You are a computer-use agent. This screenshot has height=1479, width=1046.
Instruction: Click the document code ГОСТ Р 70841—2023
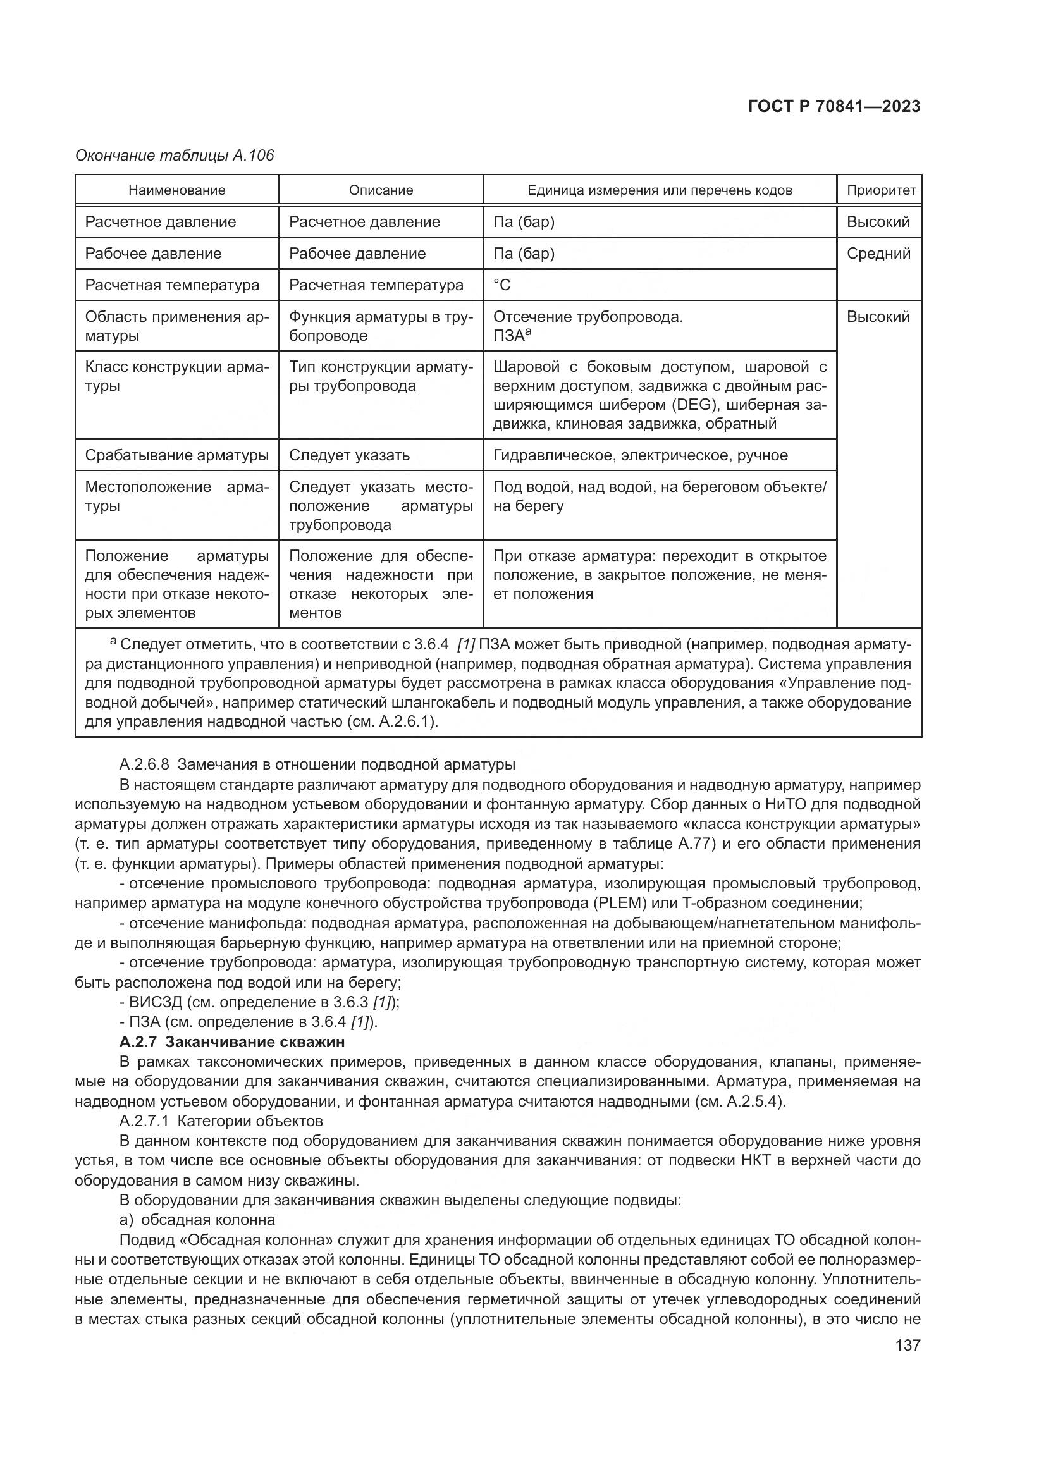click(x=834, y=107)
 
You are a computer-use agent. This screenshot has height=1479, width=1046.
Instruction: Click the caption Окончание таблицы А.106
click(x=175, y=156)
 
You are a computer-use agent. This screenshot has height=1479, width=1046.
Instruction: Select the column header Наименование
click(x=176, y=190)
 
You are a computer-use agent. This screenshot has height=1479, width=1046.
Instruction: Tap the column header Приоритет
click(x=880, y=190)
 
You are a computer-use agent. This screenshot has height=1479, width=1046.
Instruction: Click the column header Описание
click(x=381, y=190)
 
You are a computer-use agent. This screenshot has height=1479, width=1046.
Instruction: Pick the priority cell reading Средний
click(x=878, y=253)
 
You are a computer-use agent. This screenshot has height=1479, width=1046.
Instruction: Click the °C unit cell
click(x=501, y=285)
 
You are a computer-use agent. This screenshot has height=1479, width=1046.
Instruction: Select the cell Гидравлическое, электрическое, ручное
click(x=640, y=455)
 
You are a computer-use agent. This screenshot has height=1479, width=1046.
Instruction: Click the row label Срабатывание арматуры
click(x=176, y=455)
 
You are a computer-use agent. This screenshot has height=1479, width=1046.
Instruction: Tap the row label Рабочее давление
click(x=153, y=253)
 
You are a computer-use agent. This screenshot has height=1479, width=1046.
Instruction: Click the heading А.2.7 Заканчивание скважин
click(x=232, y=1041)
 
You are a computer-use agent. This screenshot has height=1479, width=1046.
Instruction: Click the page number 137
click(x=908, y=1345)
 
